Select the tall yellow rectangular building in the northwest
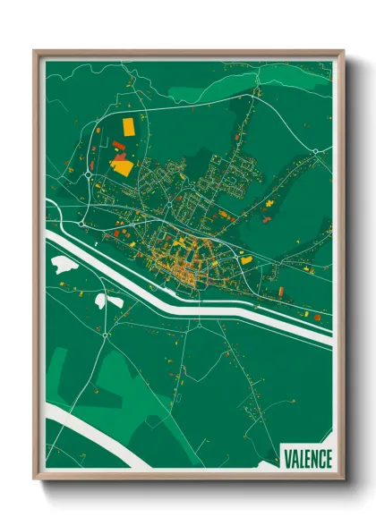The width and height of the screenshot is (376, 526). click(x=128, y=125)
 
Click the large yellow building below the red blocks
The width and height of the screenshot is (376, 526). click(x=122, y=165)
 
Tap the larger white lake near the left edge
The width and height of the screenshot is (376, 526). click(x=63, y=265)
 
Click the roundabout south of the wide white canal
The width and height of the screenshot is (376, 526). click(x=106, y=335)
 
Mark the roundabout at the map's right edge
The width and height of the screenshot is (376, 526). click(x=316, y=151)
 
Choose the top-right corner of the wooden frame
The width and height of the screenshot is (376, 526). click(x=342, y=52)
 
